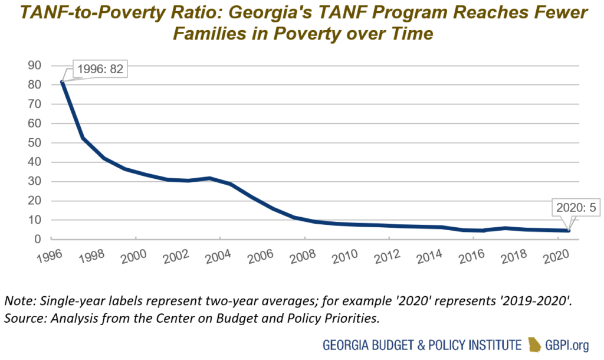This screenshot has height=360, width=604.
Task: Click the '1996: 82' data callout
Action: [99, 68]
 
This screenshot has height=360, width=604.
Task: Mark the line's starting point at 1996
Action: [62, 81]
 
